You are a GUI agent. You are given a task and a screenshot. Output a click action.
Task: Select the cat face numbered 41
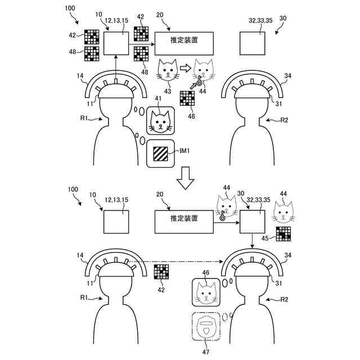161,121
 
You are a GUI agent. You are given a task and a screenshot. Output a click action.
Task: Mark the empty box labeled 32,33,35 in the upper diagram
253,42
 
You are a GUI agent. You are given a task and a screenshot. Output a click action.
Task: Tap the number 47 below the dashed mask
207,353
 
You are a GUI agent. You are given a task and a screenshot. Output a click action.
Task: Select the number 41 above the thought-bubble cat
158,99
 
